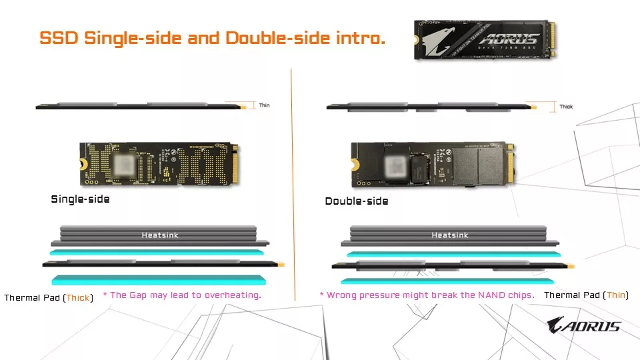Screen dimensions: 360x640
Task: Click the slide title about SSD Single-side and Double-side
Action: point(212,38)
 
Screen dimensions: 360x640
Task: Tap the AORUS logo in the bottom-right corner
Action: point(583,326)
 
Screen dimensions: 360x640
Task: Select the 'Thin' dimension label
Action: point(264,105)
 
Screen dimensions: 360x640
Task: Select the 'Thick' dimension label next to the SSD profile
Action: point(565,107)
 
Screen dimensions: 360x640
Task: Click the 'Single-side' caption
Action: point(80,199)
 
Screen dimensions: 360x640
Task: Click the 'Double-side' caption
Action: point(356,201)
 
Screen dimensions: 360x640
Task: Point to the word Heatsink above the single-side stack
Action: point(160,235)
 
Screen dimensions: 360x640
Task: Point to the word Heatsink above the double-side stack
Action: point(449,235)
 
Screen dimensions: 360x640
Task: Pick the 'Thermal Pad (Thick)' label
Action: point(48,297)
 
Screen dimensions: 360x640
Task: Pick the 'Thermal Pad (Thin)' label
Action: point(586,295)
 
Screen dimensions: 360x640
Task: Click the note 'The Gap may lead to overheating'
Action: point(181,295)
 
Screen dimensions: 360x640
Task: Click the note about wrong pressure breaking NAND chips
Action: point(427,295)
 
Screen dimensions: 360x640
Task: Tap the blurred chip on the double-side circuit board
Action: point(394,164)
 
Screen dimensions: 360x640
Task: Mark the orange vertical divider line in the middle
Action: point(292,180)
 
